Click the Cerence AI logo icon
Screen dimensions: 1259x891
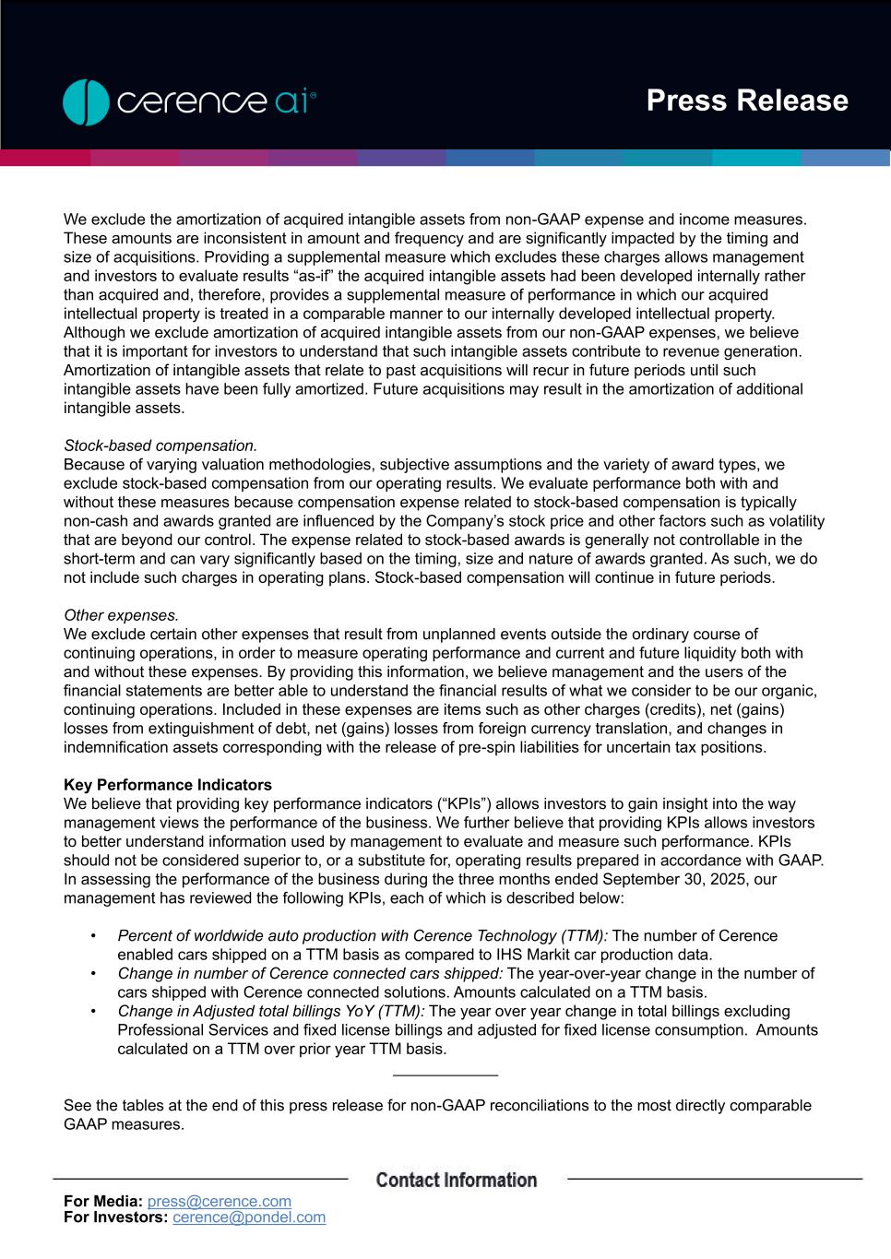(x=87, y=102)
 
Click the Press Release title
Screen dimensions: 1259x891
(x=746, y=101)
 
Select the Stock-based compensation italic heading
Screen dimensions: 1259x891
(x=160, y=445)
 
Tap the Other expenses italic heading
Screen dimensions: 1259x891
(x=121, y=615)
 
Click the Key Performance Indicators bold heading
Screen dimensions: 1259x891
(x=168, y=785)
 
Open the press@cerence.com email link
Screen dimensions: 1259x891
(x=220, y=1201)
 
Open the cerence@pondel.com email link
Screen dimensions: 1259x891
(x=249, y=1217)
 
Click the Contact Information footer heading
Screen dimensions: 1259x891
(x=457, y=1180)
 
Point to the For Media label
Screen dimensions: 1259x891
(x=103, y=1201)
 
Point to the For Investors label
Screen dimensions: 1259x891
(x=115, y=1217)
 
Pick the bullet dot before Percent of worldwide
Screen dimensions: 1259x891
(x=94, y=936)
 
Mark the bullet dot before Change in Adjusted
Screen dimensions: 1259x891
(x=94, y=1012)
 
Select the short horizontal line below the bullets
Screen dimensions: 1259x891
(x=445, y=1075)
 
